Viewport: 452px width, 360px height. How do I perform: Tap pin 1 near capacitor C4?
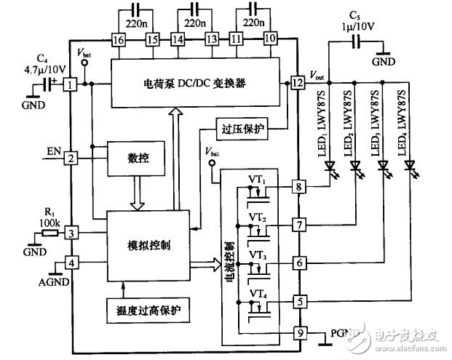tap(71, 85)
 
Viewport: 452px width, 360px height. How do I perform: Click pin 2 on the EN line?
tap(71, 158)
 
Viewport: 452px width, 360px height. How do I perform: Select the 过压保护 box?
tap(243, 129)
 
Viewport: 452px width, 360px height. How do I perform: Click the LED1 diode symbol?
tap(330, 167)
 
